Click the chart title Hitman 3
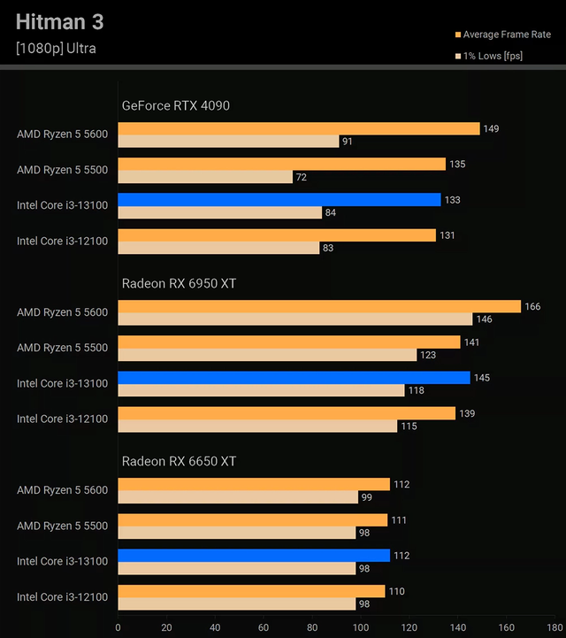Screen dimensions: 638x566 tap(65, 21)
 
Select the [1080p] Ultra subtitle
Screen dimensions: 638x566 tap(56, 49)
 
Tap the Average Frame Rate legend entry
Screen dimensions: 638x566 tap(507, 35)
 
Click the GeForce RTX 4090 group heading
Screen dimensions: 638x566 tap(175, 105)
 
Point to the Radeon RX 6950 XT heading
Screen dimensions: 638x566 tap(179, 283)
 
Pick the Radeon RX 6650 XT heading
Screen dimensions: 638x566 tap(179, 461)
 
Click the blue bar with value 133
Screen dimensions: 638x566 tap(279, 200)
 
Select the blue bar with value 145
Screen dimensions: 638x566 tap(294, 378)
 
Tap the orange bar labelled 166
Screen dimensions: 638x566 tap(319, 306)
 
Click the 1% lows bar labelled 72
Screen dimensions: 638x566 tap(205, 177)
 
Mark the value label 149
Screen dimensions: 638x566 tap(491, 129)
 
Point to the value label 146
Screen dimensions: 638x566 tap(484, 319)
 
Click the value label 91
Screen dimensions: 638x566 tap(348, 142)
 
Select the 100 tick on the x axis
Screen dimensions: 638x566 tap(361, 627)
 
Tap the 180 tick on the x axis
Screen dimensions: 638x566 tap(555, 627)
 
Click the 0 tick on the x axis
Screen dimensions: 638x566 tap(118, 627)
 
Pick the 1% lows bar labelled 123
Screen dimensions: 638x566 tap(267, 355)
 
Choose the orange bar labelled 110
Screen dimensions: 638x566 tap(251, 591)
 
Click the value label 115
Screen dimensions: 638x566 tap(409, 427)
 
